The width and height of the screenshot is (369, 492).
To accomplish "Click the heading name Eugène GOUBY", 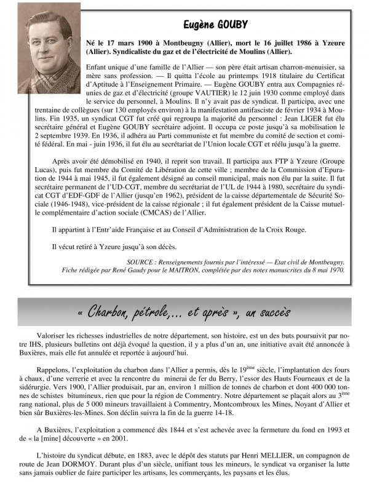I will coord(215,25).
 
